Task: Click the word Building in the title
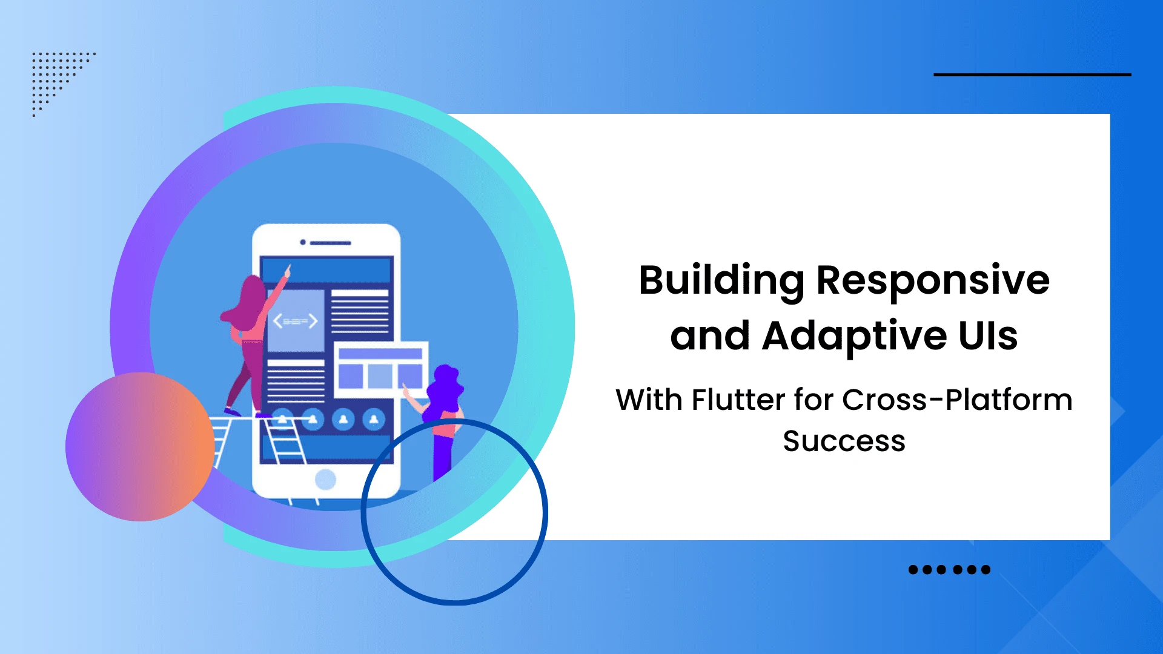pos(721,281)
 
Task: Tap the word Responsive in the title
pos(933,281)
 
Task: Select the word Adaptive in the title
pos(854,336)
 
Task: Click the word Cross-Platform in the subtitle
pos(957,400)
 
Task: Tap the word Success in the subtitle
pos(844,441)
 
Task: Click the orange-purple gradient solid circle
pos(140,447)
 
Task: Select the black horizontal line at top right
pos(1032,74)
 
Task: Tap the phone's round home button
pos(325,480)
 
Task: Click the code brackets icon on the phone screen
pos(295,321)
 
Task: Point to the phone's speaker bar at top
pos(330,243)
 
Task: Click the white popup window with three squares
pos(380,369)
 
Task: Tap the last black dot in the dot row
pos(986,569)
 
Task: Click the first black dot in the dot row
pos(913,569)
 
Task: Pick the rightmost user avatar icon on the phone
pos(374,419)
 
